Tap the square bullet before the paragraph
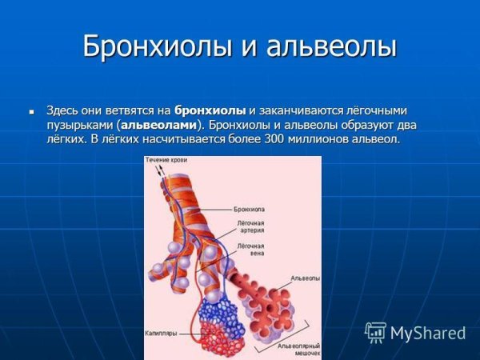[x=32, y=110]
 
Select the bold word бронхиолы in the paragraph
[x=210, y=110]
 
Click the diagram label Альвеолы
[x=305, y=278]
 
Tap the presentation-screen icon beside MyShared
[x=375, y=333]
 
